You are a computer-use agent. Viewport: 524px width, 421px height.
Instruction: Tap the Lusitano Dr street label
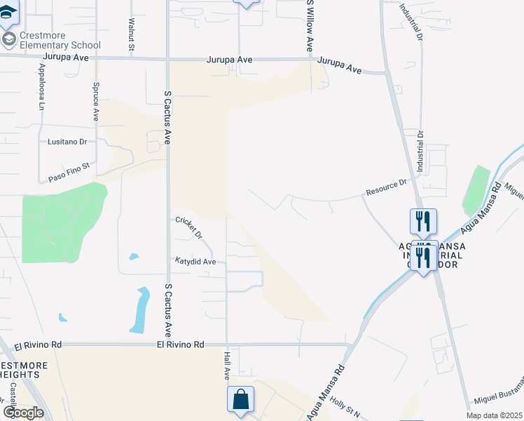(67, 141)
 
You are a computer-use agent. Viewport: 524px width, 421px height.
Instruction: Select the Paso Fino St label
(71, 173)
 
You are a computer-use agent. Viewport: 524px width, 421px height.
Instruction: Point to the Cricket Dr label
(188, 226)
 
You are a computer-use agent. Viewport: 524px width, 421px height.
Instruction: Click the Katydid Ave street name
(195, 261)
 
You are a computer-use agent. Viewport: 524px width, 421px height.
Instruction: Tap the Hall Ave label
(226, 363)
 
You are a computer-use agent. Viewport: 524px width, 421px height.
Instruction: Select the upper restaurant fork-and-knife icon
(423, 222)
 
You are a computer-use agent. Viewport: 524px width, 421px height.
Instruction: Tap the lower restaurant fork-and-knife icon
(423, 258)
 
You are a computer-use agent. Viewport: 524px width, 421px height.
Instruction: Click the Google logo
(23, 412)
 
